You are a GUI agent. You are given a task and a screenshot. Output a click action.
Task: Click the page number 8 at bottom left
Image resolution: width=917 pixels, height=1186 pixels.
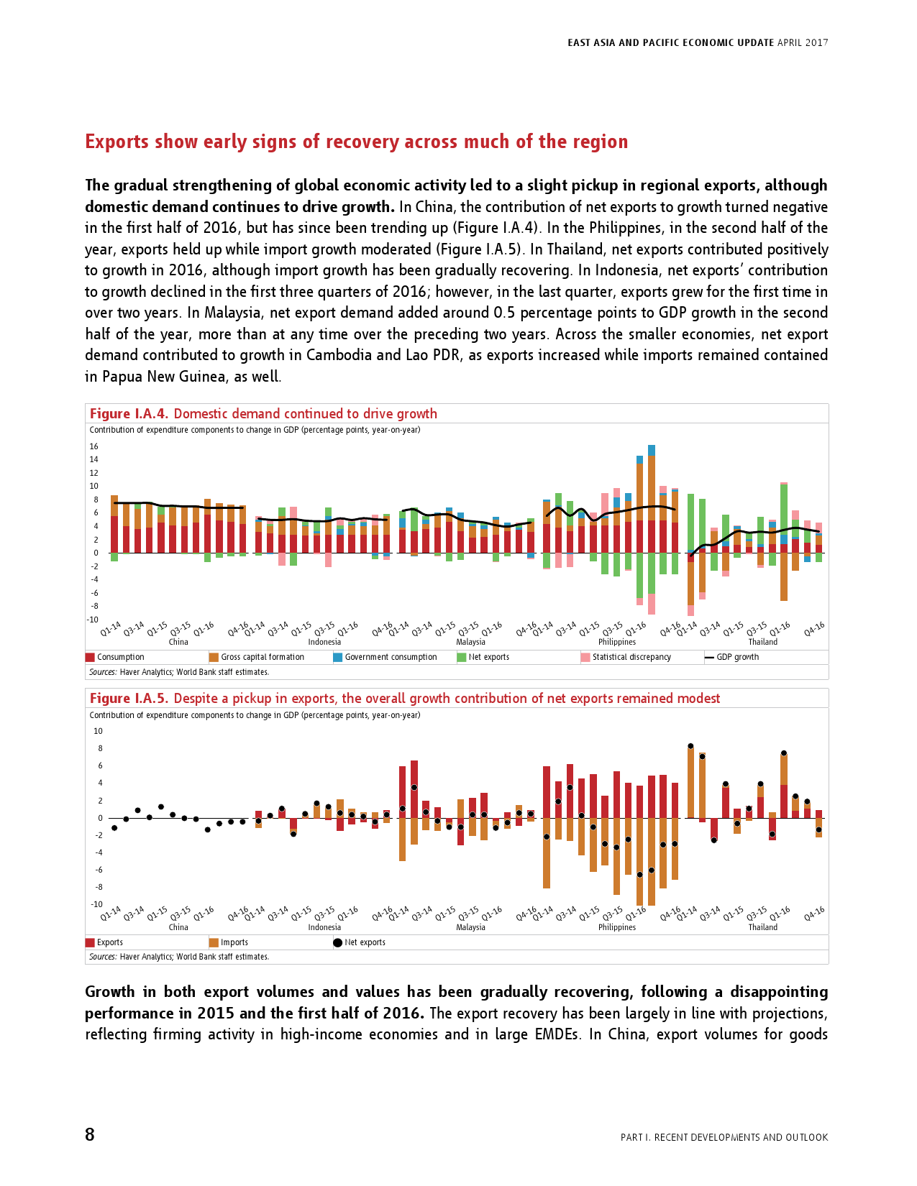pos(90,1135)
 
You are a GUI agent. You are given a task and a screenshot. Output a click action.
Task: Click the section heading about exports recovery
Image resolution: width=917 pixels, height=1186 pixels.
pos(356,142)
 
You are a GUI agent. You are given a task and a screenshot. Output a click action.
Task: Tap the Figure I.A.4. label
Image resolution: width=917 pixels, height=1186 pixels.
pos(129,414)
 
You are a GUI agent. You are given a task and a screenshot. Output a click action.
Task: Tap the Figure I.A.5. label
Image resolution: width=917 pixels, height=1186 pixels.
pos(129,699)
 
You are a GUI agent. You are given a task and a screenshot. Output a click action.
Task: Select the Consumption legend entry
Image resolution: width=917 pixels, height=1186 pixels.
pos(120,657)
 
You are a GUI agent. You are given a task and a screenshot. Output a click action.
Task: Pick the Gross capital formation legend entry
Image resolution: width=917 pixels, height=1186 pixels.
pos(262,657)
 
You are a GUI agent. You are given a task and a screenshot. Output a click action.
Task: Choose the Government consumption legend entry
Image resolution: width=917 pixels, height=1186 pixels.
pos(391,657)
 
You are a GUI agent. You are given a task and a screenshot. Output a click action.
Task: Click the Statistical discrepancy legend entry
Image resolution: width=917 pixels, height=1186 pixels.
pos(631,657)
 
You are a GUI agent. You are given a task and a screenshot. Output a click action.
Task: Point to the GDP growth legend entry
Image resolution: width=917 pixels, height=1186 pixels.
pos(736,657)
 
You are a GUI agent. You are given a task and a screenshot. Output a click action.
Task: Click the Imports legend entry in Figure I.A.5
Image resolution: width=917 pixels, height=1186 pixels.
pos(234,942)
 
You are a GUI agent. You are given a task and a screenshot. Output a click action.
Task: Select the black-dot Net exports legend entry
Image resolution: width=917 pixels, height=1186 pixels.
pos(364,942)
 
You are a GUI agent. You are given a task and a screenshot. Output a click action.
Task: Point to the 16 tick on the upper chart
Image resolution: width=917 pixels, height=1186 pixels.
pos(93,446)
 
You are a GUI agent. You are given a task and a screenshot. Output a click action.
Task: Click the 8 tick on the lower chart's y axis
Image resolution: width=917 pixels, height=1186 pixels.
pos(99,748)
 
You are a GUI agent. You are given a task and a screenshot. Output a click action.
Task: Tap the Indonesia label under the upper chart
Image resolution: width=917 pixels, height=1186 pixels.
pos(324,642)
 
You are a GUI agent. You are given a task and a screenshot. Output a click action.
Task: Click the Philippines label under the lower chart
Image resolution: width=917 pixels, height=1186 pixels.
pos(617,927)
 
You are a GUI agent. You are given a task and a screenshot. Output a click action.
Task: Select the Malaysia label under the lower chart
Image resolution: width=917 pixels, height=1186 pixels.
pos(470,927)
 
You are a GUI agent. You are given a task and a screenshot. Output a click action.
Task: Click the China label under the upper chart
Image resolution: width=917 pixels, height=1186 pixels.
pos(178,642)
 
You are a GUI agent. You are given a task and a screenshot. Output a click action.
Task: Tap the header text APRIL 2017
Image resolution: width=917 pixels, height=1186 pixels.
pos(803,42)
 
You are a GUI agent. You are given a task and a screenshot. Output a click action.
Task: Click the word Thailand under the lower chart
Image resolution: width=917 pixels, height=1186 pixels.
pos(762,927)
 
